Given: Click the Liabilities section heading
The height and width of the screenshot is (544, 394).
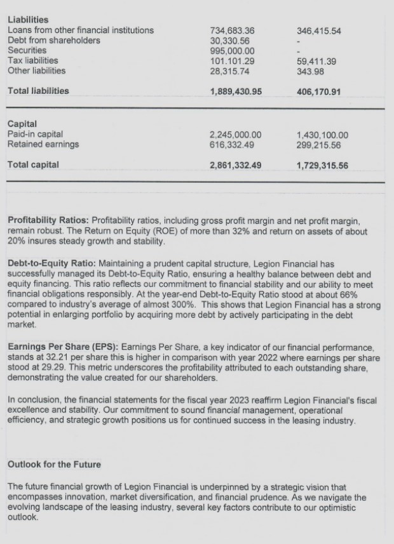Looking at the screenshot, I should click(28, 20).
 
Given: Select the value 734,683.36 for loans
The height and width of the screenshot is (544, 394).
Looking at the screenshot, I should click(232, 30).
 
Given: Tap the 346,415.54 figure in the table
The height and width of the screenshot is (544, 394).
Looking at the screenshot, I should click(319, 30).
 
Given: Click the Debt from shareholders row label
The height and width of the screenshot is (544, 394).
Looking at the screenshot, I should click(53, 41).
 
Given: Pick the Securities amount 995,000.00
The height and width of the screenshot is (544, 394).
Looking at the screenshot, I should click(232, 51).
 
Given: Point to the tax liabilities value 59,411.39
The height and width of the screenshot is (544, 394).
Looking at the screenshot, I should click(316, 61).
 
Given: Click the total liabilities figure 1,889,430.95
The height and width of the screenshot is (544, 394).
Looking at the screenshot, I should click(235, 91).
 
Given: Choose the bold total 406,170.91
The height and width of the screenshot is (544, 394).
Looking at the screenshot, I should click(319, 91).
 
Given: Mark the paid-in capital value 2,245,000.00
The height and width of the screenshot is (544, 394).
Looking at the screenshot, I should click(235, 135).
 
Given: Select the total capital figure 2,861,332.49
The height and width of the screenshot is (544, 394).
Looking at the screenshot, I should click(235, 165).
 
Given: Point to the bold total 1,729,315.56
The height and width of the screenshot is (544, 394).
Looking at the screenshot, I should click(322, 165).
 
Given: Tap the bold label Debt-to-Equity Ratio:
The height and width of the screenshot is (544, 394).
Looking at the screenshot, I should click(55, 263).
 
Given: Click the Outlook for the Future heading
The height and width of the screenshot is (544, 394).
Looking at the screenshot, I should click(54, 465).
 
